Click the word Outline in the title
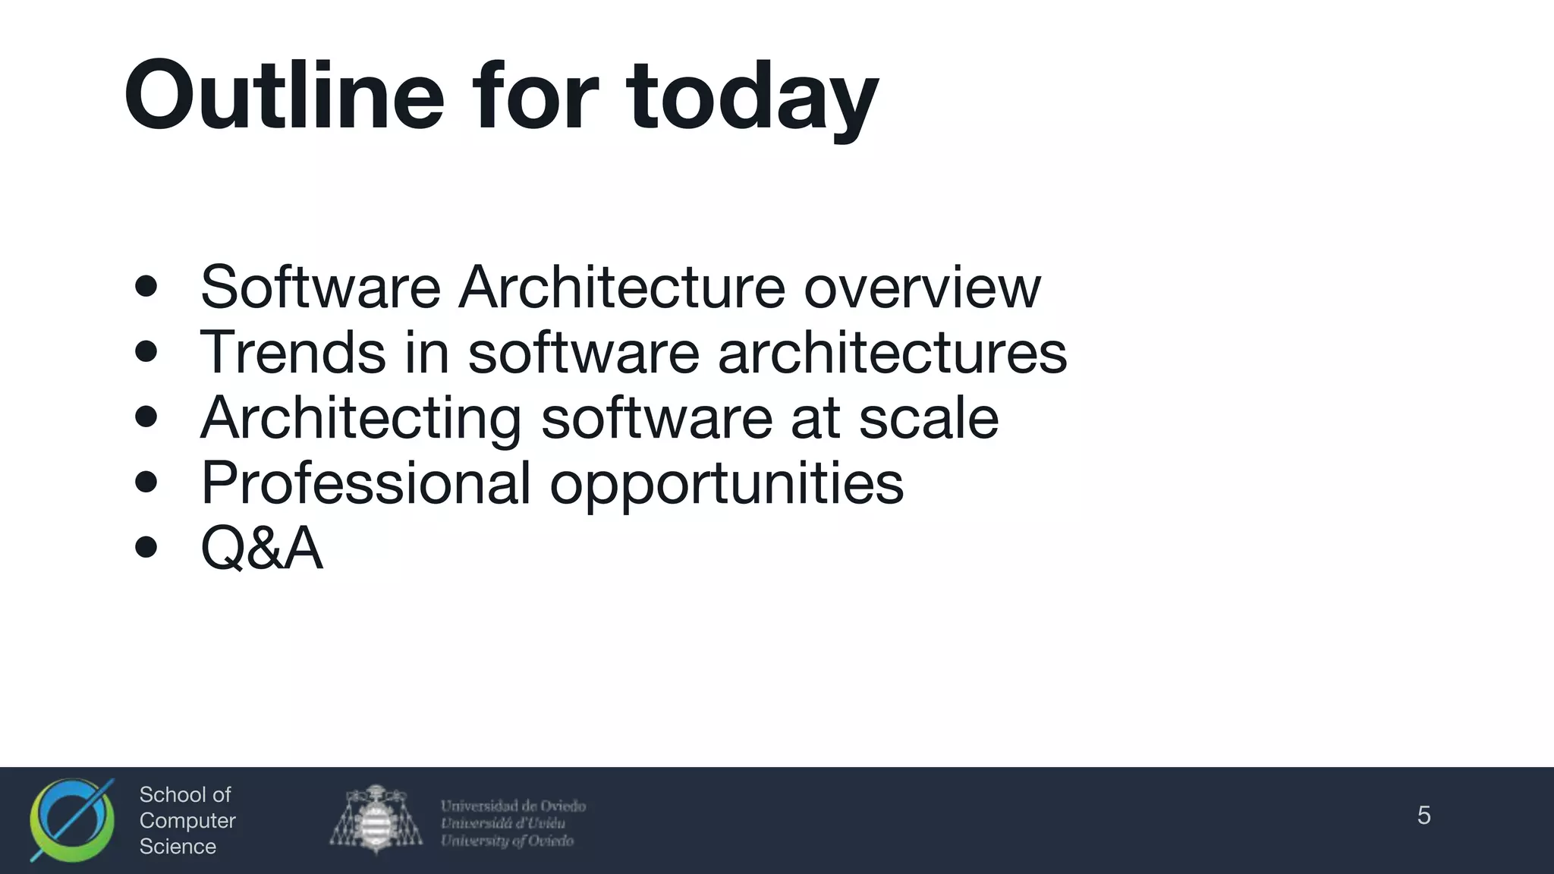coord(284,96)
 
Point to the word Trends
coord(293,352)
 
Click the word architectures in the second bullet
coord(892,352)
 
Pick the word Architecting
coord(360,418)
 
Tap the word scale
coord(928,418)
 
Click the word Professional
coord(366,483)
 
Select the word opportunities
coord(726,484)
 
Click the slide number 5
coord(1423,816)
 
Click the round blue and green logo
coord(71,820)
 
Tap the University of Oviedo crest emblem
coord(376,819)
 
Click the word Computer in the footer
coord(187,821)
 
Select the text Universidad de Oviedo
coord(513,806)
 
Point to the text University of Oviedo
coord(507,841)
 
